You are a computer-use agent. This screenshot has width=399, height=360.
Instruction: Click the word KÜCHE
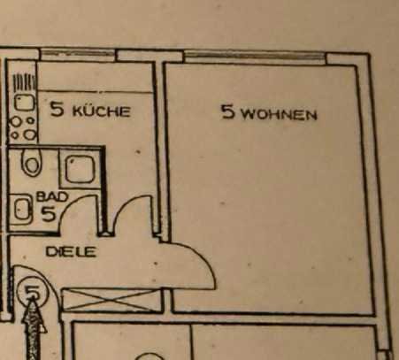coord(101,111)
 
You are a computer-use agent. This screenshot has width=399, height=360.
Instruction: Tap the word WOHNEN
coord(280,114)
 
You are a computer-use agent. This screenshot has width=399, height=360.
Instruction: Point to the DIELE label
coord(71,252)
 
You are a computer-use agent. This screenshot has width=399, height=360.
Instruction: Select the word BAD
coord(52,197)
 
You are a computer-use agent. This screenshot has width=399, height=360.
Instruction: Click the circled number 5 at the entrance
coord(33,291)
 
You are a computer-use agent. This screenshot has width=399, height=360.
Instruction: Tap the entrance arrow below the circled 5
coord(34,329)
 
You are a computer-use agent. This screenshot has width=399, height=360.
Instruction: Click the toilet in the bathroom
coord(31,162)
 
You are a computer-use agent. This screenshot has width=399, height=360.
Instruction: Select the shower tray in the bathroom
coord(81,169)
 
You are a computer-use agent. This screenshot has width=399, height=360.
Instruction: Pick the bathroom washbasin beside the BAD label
coord(22,210)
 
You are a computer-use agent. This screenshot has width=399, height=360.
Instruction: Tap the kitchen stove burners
coord(23,128)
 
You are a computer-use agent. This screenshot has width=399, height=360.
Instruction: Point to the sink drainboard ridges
coord(24,83)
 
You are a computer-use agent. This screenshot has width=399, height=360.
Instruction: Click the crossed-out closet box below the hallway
coord(112,300)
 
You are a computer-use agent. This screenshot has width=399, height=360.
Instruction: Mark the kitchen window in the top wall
coord(77,54)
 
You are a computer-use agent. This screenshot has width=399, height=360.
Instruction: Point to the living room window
coord(255,56)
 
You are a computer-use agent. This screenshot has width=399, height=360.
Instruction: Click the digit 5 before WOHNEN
coord(229,112)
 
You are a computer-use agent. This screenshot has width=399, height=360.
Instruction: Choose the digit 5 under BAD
coord(49,213)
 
